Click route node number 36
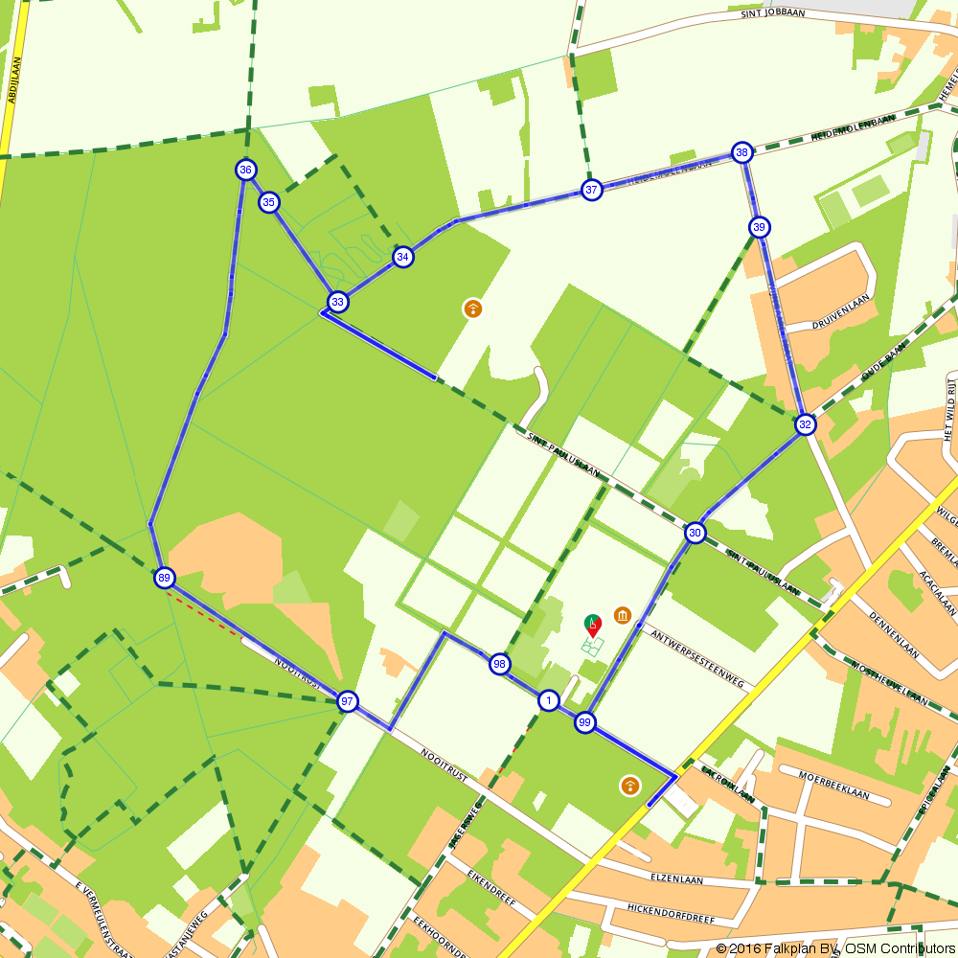click(x=246, y=170)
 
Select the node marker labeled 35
click(x=269, y=201)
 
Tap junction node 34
click(x=403, y=257)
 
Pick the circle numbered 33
click(x=337, y=302)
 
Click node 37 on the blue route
click(x=592, y=190)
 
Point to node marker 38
click(x=741, y=152)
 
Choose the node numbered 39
click(x=760, y=227)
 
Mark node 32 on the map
click(x=805, y=424)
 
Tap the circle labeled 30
click(x=696, y=533)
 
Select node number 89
click(x=165, y=578)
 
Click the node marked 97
click(x=348, y=701)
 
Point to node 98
click(x=499, y=664)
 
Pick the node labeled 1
click(x=548, y=700)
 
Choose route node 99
click(x=585, y=722)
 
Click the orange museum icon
click(x=623, y=614)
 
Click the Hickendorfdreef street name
click(x=672, y=912)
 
